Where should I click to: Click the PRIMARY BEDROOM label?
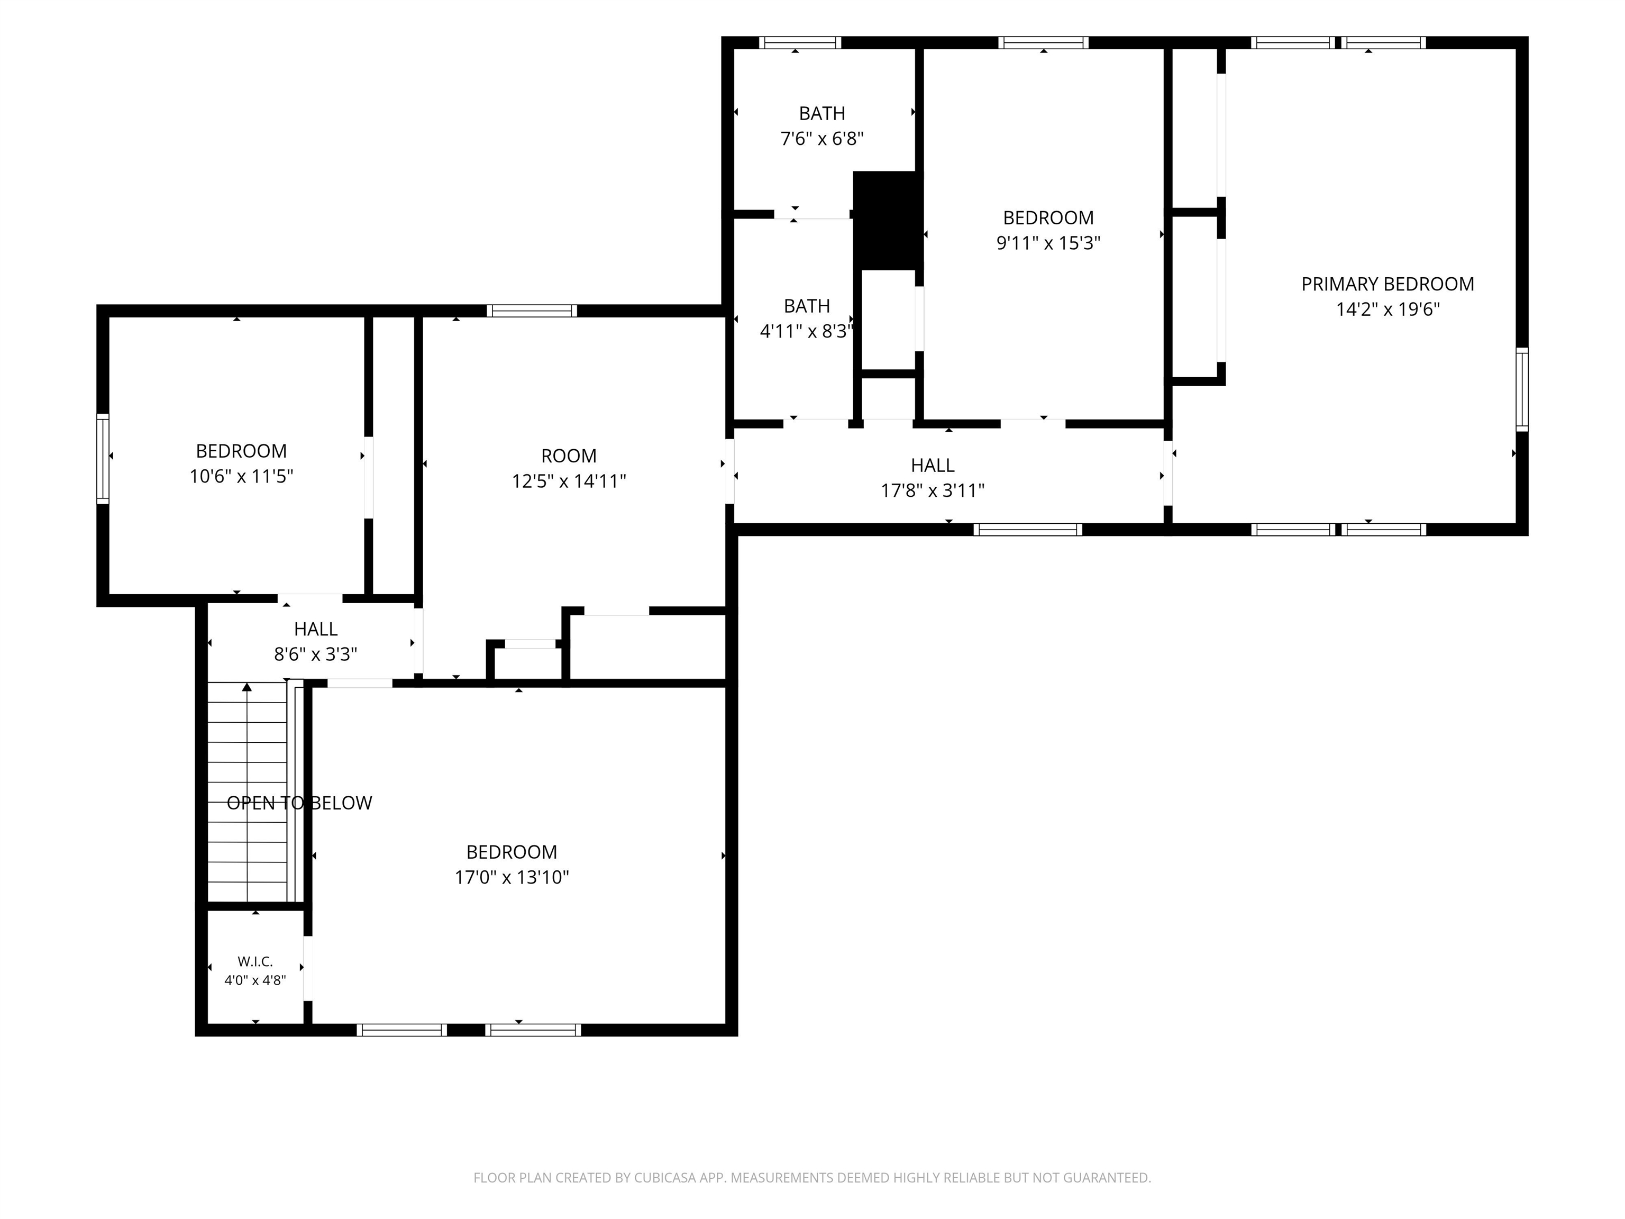[1387, 284]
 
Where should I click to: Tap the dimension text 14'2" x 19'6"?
[1387, 310]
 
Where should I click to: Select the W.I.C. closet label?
[255, 961]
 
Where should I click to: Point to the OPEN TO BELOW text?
[299, 803]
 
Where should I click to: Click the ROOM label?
[569, 456]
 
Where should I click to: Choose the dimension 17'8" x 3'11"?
[932, 491]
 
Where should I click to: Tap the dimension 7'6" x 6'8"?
[821, 139]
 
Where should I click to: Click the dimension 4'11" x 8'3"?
[807, 331]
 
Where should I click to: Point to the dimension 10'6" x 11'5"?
[241, 477]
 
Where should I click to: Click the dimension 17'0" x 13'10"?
[512, 877]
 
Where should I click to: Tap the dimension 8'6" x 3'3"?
[315, 654]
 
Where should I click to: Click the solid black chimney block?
[888, 221]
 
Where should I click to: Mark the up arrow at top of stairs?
[247, 688]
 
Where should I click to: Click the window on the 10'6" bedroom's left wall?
[103, 459]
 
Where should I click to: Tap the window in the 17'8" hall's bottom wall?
[1028, 529]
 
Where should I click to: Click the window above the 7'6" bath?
[800, 43]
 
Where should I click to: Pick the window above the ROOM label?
[532, 311]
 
